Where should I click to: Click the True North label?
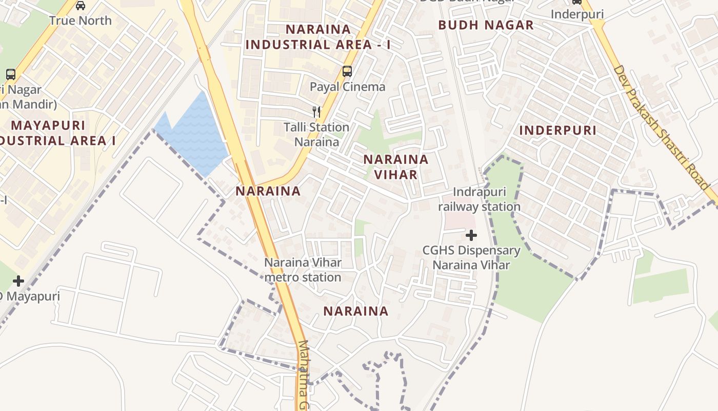[81, 21]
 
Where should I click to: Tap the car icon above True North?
[81, 6]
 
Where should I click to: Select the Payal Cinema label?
[347, 86]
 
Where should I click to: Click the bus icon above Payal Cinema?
[347, 71]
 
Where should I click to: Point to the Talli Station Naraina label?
[316, 134]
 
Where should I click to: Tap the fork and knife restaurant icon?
[316, 111]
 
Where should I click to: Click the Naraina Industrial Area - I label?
[318, 37]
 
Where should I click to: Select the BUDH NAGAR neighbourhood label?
[486, 25]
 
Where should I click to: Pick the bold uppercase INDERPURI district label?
[558, 130]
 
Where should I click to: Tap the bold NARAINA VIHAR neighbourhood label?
[396, 167]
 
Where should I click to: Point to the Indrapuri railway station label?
[479, 199]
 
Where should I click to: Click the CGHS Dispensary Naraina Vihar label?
[471, 257]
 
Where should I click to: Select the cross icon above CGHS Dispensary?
[471, 235]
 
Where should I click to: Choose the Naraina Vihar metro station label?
[303, 270]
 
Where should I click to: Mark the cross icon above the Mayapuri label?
[18, 281]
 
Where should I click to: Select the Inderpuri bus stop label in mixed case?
[577, 14]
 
